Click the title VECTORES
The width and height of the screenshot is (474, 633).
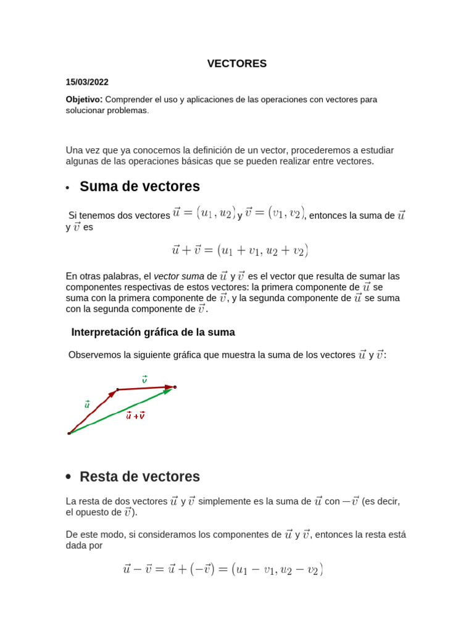coord(236,64)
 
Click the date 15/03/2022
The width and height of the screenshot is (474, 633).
coord(87,82)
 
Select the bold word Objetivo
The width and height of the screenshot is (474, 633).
coord(84,99)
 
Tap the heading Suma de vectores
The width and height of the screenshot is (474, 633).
coord(139,186)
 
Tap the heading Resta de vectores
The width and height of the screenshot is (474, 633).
coord(139,477)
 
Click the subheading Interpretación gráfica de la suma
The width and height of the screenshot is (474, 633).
coord(153,332)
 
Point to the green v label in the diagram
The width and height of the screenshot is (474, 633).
coord(144,379)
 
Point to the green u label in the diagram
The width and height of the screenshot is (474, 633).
coord(87,404)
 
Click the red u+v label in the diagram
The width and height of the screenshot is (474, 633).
coord(135,415)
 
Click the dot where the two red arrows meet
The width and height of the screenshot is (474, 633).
coord(117,390)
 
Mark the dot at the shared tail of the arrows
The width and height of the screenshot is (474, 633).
coord(69,433)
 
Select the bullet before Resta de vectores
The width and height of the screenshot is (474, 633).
coord(68,477)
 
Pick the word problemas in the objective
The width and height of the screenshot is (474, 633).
coord(128,110)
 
